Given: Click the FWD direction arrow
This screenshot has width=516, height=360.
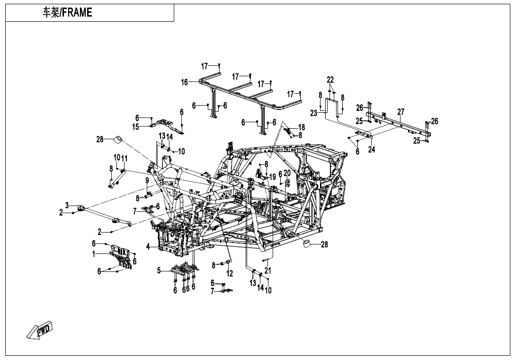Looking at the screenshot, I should pos(40,330).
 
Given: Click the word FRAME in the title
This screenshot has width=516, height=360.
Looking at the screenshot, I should pos(77,13).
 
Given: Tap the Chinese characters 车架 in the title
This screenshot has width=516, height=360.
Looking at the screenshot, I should pos(51,13).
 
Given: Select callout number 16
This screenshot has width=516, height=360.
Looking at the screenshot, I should pos(185,82).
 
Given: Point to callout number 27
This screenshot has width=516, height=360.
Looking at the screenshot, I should pos(401,112).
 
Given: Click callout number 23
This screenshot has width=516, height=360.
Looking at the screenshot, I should pos(313,113).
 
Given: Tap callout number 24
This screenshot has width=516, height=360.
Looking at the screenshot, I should pos(372,150).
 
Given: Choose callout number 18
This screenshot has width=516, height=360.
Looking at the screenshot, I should pos(302,127).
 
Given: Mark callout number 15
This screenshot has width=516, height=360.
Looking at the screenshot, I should pos(136,126).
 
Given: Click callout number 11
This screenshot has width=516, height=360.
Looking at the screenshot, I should pos(125,158).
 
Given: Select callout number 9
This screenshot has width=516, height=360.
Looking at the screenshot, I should pos(147,180).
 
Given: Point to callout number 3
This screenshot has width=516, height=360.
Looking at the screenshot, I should pos(67,205).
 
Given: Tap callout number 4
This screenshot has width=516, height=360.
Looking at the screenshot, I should pos(148,246).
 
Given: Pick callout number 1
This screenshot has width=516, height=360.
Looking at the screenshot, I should pos(94,254).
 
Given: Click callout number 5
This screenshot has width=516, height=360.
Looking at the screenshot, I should pos(160,270).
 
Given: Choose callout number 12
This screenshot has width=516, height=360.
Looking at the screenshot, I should pos(230,274).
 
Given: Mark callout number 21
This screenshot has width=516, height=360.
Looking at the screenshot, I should pos(268,270).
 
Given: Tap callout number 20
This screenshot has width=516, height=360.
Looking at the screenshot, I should pos(287,173).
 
